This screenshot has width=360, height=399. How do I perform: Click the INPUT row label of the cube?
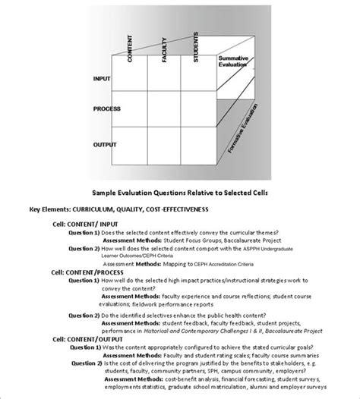pyautogui.click(x=102, y=78)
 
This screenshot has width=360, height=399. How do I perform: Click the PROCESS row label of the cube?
pyautogui.click(x=107, y=109)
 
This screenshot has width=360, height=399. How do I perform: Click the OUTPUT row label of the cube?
pyautogui.click(x=106, y=143)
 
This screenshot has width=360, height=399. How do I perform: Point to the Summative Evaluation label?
pyautogui.click(x=234, y=61)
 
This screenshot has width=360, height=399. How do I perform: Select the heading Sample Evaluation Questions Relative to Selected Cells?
pyautogui.click(x=181, y=193)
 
